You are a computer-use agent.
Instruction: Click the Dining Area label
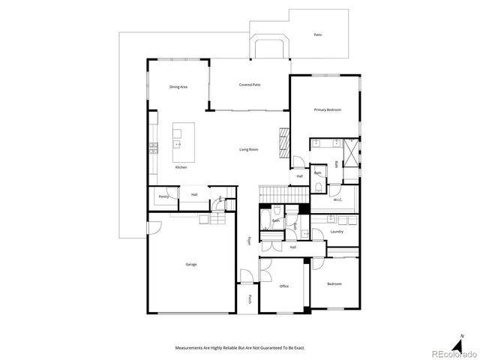pyautogui.click(x=178, y=87)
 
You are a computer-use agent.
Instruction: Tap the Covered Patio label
pyautogui.click(x=250, y=85)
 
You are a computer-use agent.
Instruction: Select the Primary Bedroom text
pyautogui.click(x=327, y=109)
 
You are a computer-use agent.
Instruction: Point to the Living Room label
pyautogui.click(x=249, y=150)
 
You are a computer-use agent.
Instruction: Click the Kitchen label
pyautogui.click(x=181, y=167)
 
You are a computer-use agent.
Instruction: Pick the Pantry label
pyautogui.click(x=163, y=196)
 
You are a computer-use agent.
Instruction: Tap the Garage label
pyautogui.click(x=191, y=264)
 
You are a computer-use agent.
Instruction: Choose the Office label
pyautogui.click(x=284, y=286)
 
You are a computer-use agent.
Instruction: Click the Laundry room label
pyautogui.click(x=337, y=232)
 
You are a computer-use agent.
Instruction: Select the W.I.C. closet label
pyautogui.click(x=337, y=199)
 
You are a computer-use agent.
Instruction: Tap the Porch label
pyautogui.click(x=250, y=299)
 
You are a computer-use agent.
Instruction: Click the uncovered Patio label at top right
pyautogui.click(x=319, y=34)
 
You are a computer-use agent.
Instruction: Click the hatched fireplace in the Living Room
pyautogui.click(x=283, y=140)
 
